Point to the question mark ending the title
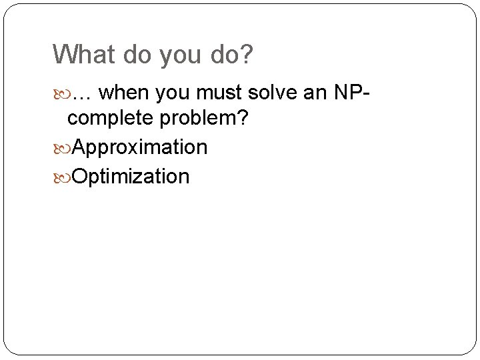[x=247, y=55]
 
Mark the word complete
[x=109, y=119]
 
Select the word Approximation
[x=139, y=147]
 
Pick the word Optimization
[x=131, y=177]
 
